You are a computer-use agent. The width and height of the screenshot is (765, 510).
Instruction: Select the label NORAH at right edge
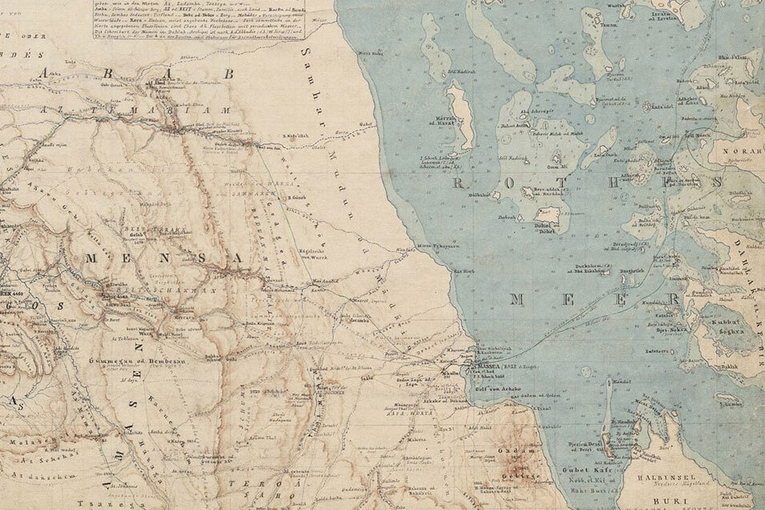(x=741, y=149)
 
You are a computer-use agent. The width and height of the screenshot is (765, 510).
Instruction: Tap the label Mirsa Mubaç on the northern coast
(x=371, y=53)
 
